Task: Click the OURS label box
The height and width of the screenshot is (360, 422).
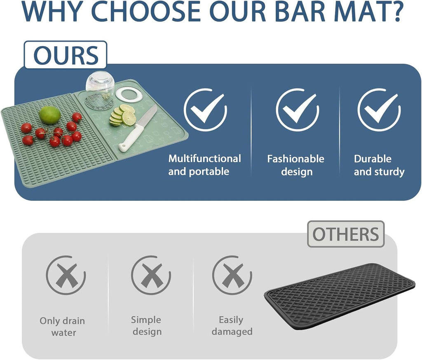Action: pos(66,55)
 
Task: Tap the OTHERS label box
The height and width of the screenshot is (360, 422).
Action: pos(345,234)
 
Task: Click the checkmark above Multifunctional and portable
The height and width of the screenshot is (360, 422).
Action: pos(205,110)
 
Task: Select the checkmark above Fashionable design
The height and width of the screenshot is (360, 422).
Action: pos(297,110)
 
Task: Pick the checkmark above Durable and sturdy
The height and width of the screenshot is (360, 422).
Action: pos(379,110)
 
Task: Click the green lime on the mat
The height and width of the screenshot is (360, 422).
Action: pos(50,115)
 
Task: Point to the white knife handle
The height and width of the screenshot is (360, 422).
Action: pos(131,138)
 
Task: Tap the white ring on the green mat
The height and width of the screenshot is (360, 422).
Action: pos(129,94)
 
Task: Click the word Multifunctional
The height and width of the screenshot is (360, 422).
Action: pos(204,159)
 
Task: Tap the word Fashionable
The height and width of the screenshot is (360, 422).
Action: pos(295,159)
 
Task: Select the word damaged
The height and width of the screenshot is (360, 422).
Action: pos(232,332)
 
